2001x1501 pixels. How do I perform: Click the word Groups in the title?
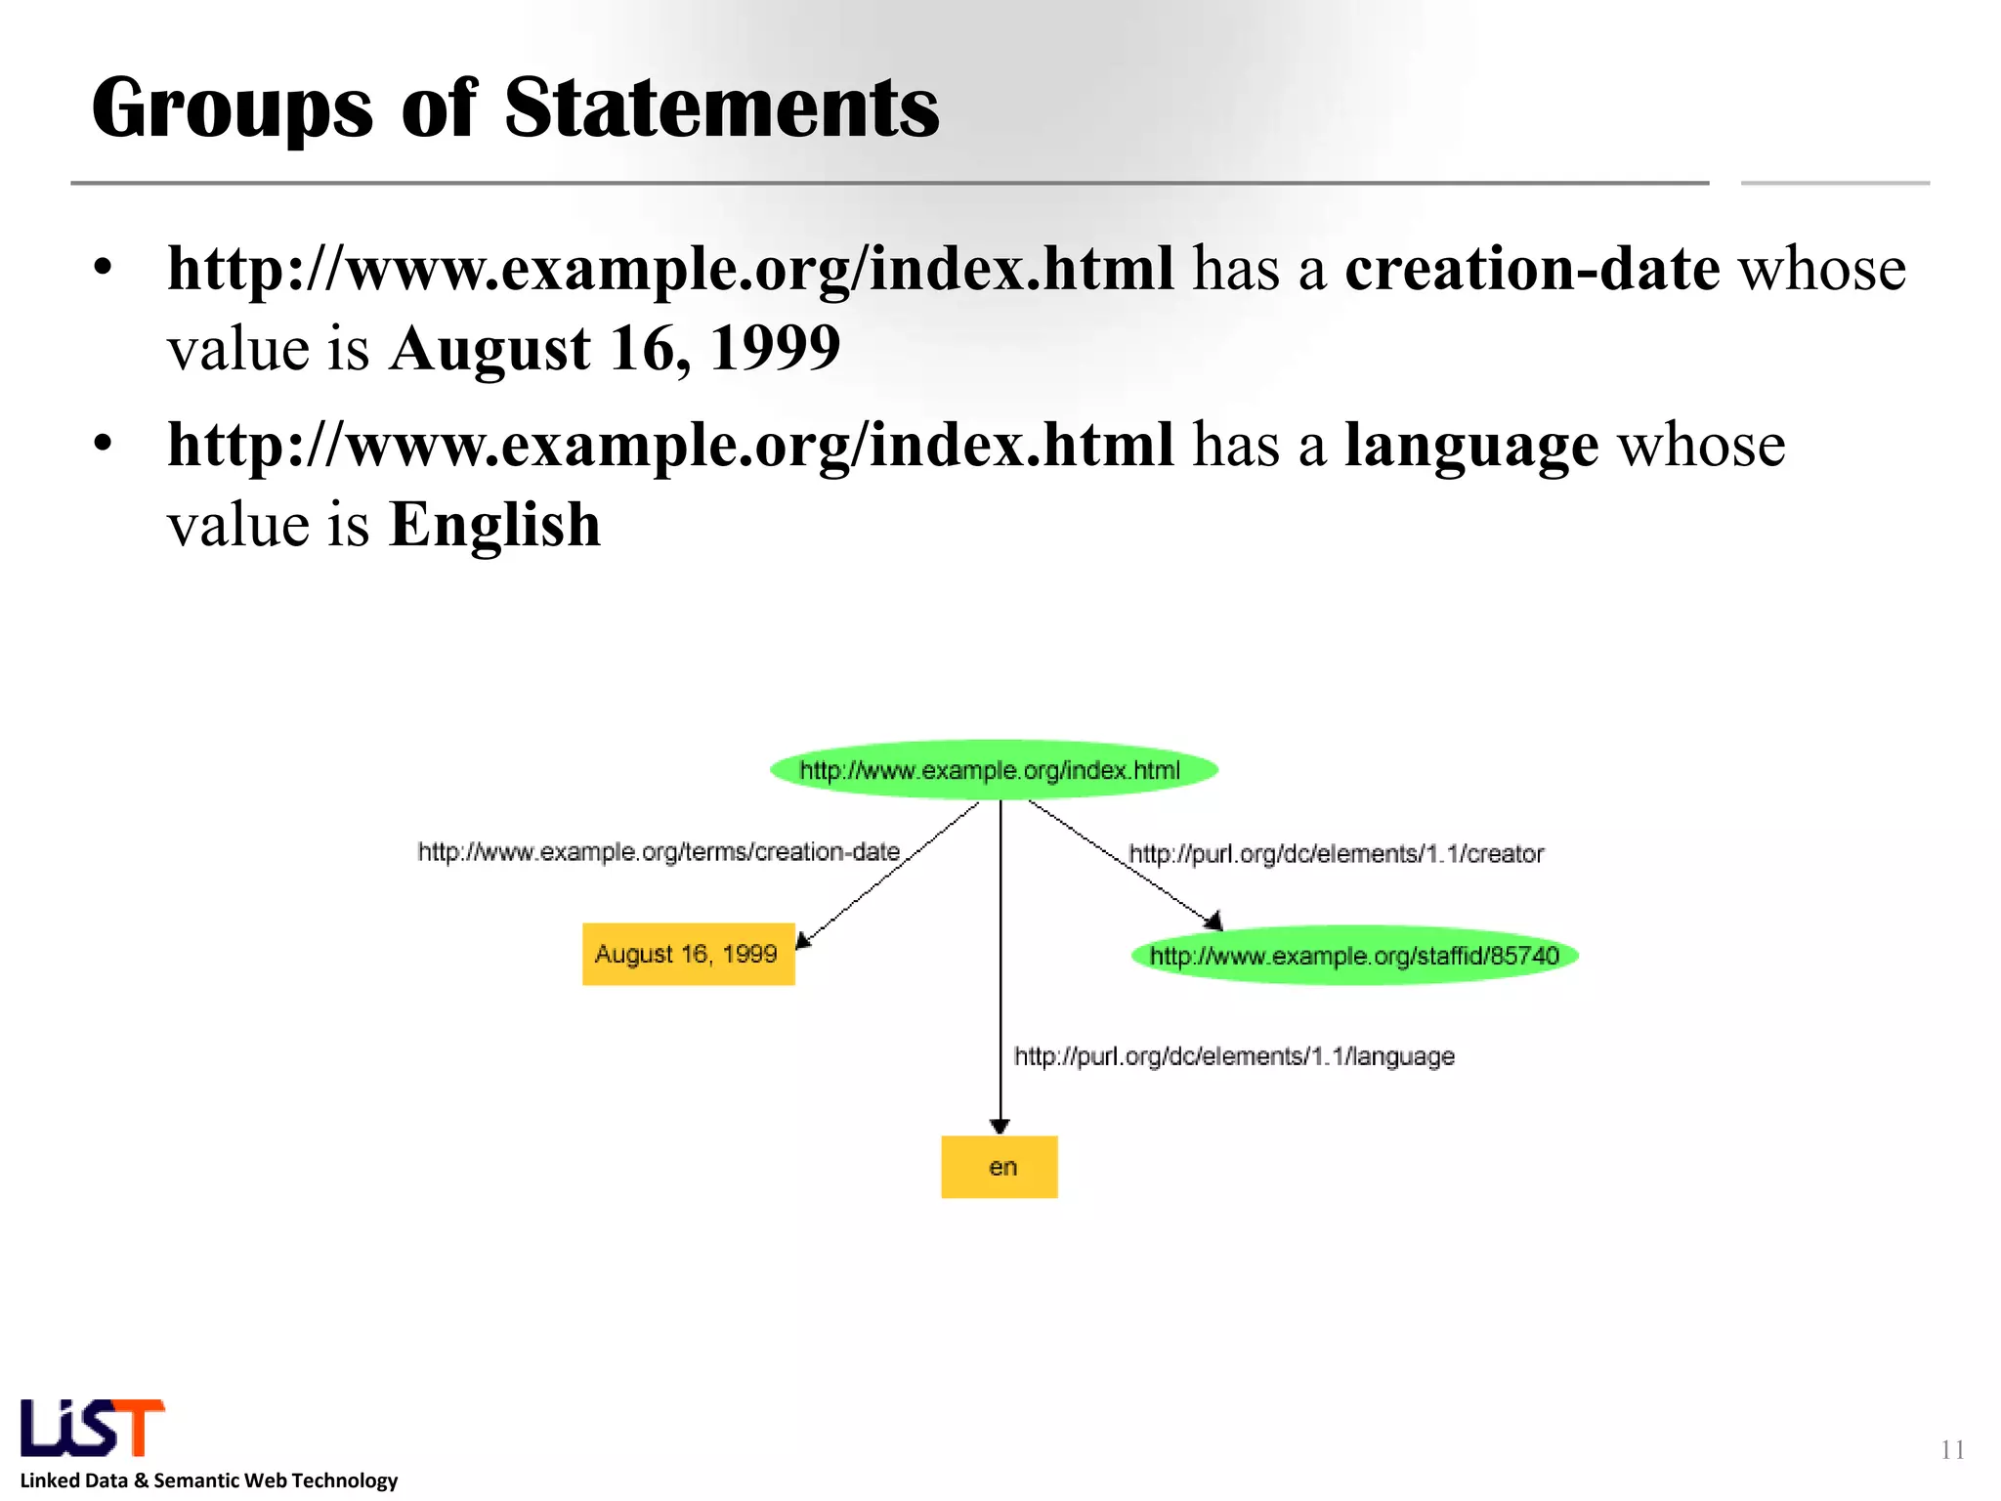point(233,109)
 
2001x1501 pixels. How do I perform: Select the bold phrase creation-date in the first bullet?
point(1532,269)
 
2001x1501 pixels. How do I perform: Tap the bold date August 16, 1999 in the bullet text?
point(615,349)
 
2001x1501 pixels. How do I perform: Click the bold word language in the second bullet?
point(1471,446)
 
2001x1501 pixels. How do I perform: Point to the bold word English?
point(494,525)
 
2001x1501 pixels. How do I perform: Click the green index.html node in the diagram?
point(994,770)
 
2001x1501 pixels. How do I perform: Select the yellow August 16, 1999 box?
point(688,954)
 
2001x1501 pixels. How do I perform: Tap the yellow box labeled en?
point(999,1167)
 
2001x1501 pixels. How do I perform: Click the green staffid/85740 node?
point(1354,955)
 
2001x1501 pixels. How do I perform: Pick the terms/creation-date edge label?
point(659,852)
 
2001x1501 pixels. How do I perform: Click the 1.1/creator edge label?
point(1336,854)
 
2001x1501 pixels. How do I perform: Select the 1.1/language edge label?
point(1234,1056)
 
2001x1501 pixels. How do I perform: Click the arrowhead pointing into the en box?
point(1000,1127)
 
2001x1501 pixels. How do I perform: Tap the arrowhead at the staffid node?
point(1213,921)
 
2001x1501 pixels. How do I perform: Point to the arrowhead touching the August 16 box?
point(802,940)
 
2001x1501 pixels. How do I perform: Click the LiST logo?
point(93,1429)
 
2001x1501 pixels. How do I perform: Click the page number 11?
point(1952,1449)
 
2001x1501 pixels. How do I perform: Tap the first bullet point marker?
point(104,267)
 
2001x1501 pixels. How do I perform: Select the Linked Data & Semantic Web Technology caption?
point(209,1480)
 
